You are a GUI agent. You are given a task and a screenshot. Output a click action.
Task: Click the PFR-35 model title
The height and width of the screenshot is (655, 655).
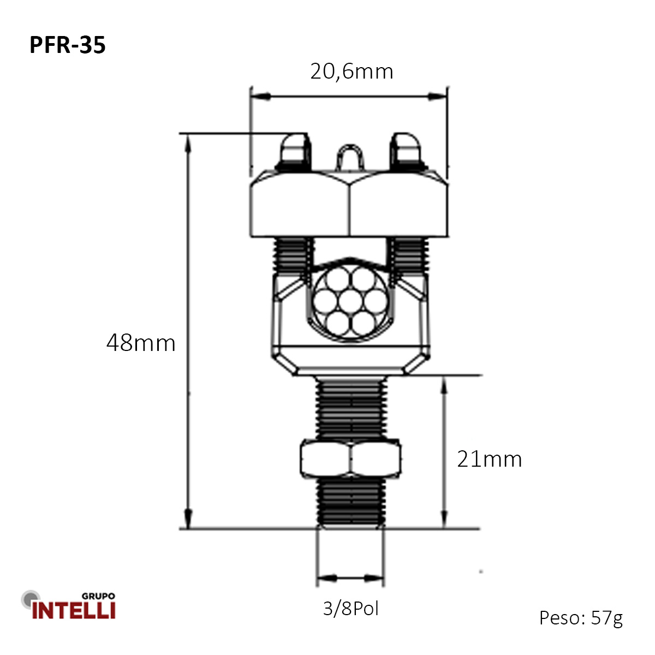67,45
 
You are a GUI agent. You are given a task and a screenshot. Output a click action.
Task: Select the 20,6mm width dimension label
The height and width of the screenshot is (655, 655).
352,72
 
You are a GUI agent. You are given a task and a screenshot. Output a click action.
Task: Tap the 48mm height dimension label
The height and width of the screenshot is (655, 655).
141,343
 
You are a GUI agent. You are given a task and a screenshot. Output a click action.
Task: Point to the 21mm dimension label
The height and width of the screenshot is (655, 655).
489,459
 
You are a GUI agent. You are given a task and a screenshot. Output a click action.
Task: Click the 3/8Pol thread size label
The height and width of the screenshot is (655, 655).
350,608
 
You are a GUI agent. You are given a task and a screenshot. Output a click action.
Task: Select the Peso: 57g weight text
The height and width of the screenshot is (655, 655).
581,617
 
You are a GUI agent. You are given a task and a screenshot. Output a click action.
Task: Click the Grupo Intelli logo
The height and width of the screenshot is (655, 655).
70,606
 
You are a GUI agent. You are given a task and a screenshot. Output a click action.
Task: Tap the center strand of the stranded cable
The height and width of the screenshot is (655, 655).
351,302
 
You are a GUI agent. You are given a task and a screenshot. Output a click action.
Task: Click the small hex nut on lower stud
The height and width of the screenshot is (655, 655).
350,460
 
